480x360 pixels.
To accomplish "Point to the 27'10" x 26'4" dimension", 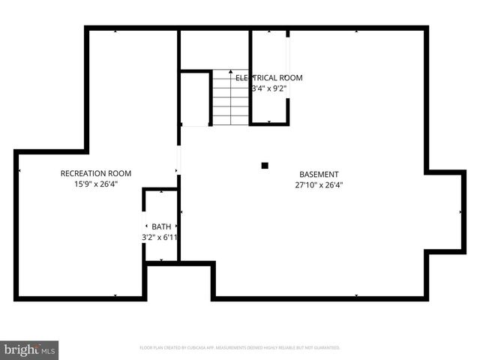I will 319,184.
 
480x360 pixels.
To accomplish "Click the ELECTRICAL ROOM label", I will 269,78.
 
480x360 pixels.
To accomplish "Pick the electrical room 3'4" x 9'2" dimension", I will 269,88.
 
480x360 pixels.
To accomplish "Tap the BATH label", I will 161,226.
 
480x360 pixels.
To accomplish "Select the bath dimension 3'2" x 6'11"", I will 159,237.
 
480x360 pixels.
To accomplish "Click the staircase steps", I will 230,97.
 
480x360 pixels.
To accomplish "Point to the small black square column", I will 264,165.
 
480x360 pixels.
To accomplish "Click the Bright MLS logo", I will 29,349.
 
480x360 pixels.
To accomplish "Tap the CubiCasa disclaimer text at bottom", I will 240,348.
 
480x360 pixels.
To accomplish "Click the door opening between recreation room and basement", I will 178,160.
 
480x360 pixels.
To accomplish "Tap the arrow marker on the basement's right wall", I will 461,213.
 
